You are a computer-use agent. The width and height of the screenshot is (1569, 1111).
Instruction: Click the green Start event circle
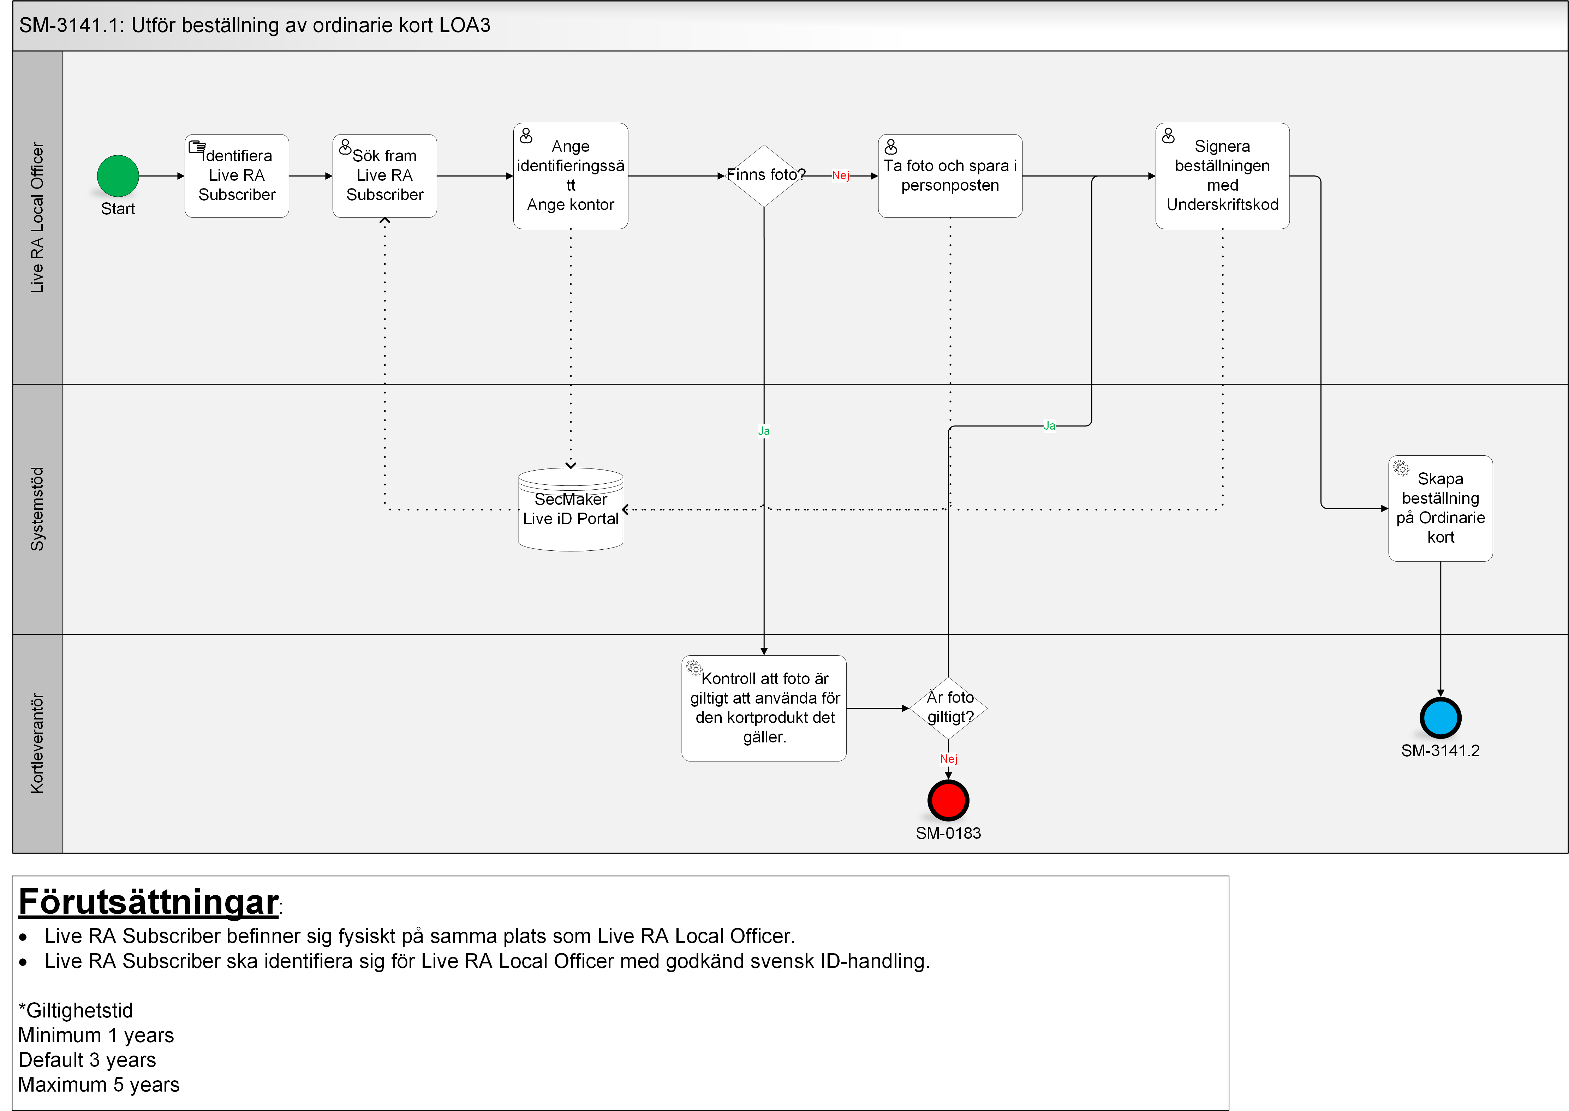pyautogui.click(x=118, y=176)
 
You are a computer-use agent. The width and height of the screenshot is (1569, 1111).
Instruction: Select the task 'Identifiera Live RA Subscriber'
pyautogui.click(x=237, y=176)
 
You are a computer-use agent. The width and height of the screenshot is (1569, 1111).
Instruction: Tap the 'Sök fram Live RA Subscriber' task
pyautogui.click(x=384, y=176)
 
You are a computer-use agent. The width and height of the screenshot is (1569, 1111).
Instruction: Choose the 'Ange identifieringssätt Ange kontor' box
pyautogui.click(x=571, y=176)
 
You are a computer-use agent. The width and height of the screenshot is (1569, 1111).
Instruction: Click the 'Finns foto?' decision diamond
pyautogui.click(x=764, y=176)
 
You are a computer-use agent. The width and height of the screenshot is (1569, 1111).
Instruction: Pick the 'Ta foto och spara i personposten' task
pyautogui.click(x=950, y=176)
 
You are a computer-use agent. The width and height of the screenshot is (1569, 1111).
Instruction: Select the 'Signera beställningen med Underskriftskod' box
pyautogui.click(x=1222, y=176)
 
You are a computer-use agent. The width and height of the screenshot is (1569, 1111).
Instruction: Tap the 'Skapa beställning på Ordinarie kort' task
pyautogui.click(x=1440, y=508)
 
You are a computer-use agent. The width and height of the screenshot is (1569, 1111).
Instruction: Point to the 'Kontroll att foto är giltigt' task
pyautogui.click(x=764, y=708)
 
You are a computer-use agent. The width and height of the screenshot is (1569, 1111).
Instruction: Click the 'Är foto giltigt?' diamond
pyautogui.click(x=949, y=708)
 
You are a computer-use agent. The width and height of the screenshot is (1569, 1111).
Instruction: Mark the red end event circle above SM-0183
pyautogui.click(x=949, y=800)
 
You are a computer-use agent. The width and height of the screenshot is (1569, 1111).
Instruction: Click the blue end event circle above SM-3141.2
pyautogui.click(x=1440, y=718)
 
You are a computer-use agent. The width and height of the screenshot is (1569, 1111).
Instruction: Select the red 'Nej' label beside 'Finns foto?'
pyautogui.click(x=841, y=176)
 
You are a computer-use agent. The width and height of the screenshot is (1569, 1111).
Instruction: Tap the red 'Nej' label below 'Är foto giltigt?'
pyautogui.click(x=949, y=759)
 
